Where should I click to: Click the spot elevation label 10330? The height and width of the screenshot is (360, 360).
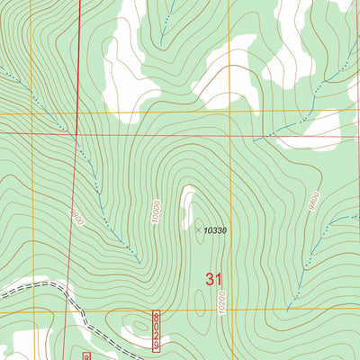(214, 230)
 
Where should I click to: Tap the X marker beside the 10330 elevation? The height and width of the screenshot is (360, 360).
(198, 229)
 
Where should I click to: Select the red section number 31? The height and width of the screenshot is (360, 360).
(213, 280)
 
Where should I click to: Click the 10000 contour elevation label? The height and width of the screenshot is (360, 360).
(156, 212)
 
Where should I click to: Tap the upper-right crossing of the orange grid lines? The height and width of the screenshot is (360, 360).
(230, 112)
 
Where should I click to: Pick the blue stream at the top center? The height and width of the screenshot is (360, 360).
(164, 27)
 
